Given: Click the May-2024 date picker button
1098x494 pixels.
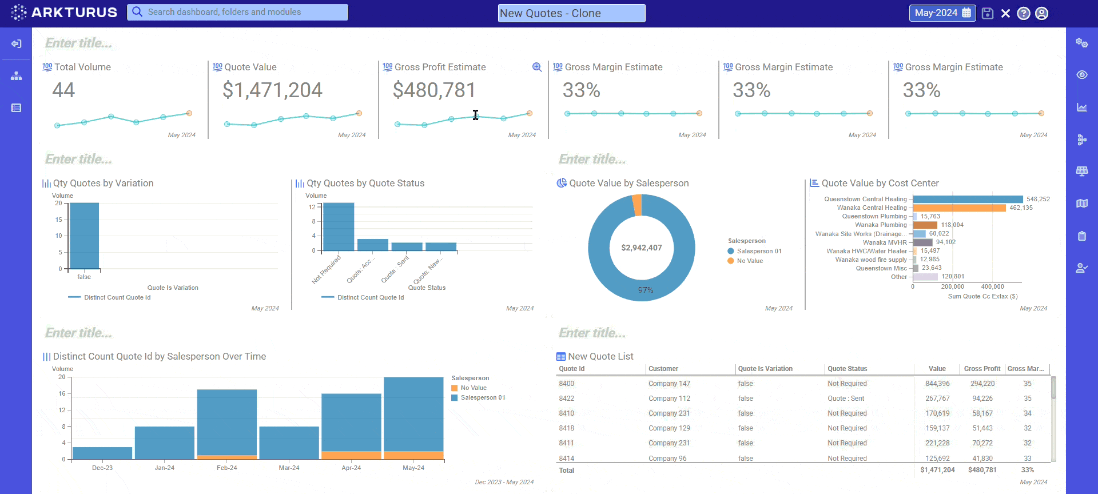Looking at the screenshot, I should point(942,13).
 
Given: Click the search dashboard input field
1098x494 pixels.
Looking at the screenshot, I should point(237,12).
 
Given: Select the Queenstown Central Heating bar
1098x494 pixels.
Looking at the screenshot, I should point(968,199).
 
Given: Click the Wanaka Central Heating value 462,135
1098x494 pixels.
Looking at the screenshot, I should point(1021,208).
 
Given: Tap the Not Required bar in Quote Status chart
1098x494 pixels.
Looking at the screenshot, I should point(339,227).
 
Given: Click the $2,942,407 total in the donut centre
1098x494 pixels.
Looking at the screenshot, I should point(641,248).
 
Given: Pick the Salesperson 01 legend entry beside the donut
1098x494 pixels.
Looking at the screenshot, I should point(758,251).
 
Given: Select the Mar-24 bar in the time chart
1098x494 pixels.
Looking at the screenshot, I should point(289,443).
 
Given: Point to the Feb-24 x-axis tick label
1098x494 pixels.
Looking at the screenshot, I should point(226,468).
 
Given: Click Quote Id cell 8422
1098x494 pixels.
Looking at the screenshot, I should point(567,399).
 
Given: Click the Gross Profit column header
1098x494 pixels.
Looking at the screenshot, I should point(982,369).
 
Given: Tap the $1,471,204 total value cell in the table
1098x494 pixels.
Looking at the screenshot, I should point(937,470).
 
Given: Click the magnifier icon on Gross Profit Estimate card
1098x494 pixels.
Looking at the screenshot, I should point(536,67).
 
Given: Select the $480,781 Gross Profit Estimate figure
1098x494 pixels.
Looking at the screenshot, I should point(434,90).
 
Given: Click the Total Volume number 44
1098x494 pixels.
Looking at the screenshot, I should point(63,90).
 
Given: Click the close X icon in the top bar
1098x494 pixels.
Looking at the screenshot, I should point(1005,13).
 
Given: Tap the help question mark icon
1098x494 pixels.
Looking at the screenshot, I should point(1024,13).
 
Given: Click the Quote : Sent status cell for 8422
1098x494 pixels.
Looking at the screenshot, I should point(846,399).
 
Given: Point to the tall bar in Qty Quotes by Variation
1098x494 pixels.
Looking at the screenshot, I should point(84,236).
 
